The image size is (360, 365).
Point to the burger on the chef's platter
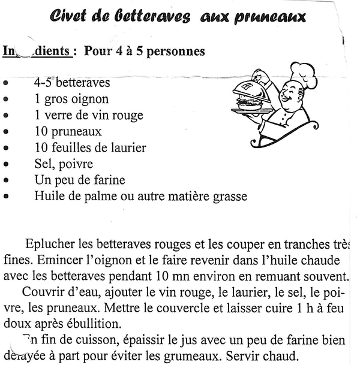(247, 102)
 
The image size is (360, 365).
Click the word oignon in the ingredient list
(89, 99)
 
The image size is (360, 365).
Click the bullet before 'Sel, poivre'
(6, 164)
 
